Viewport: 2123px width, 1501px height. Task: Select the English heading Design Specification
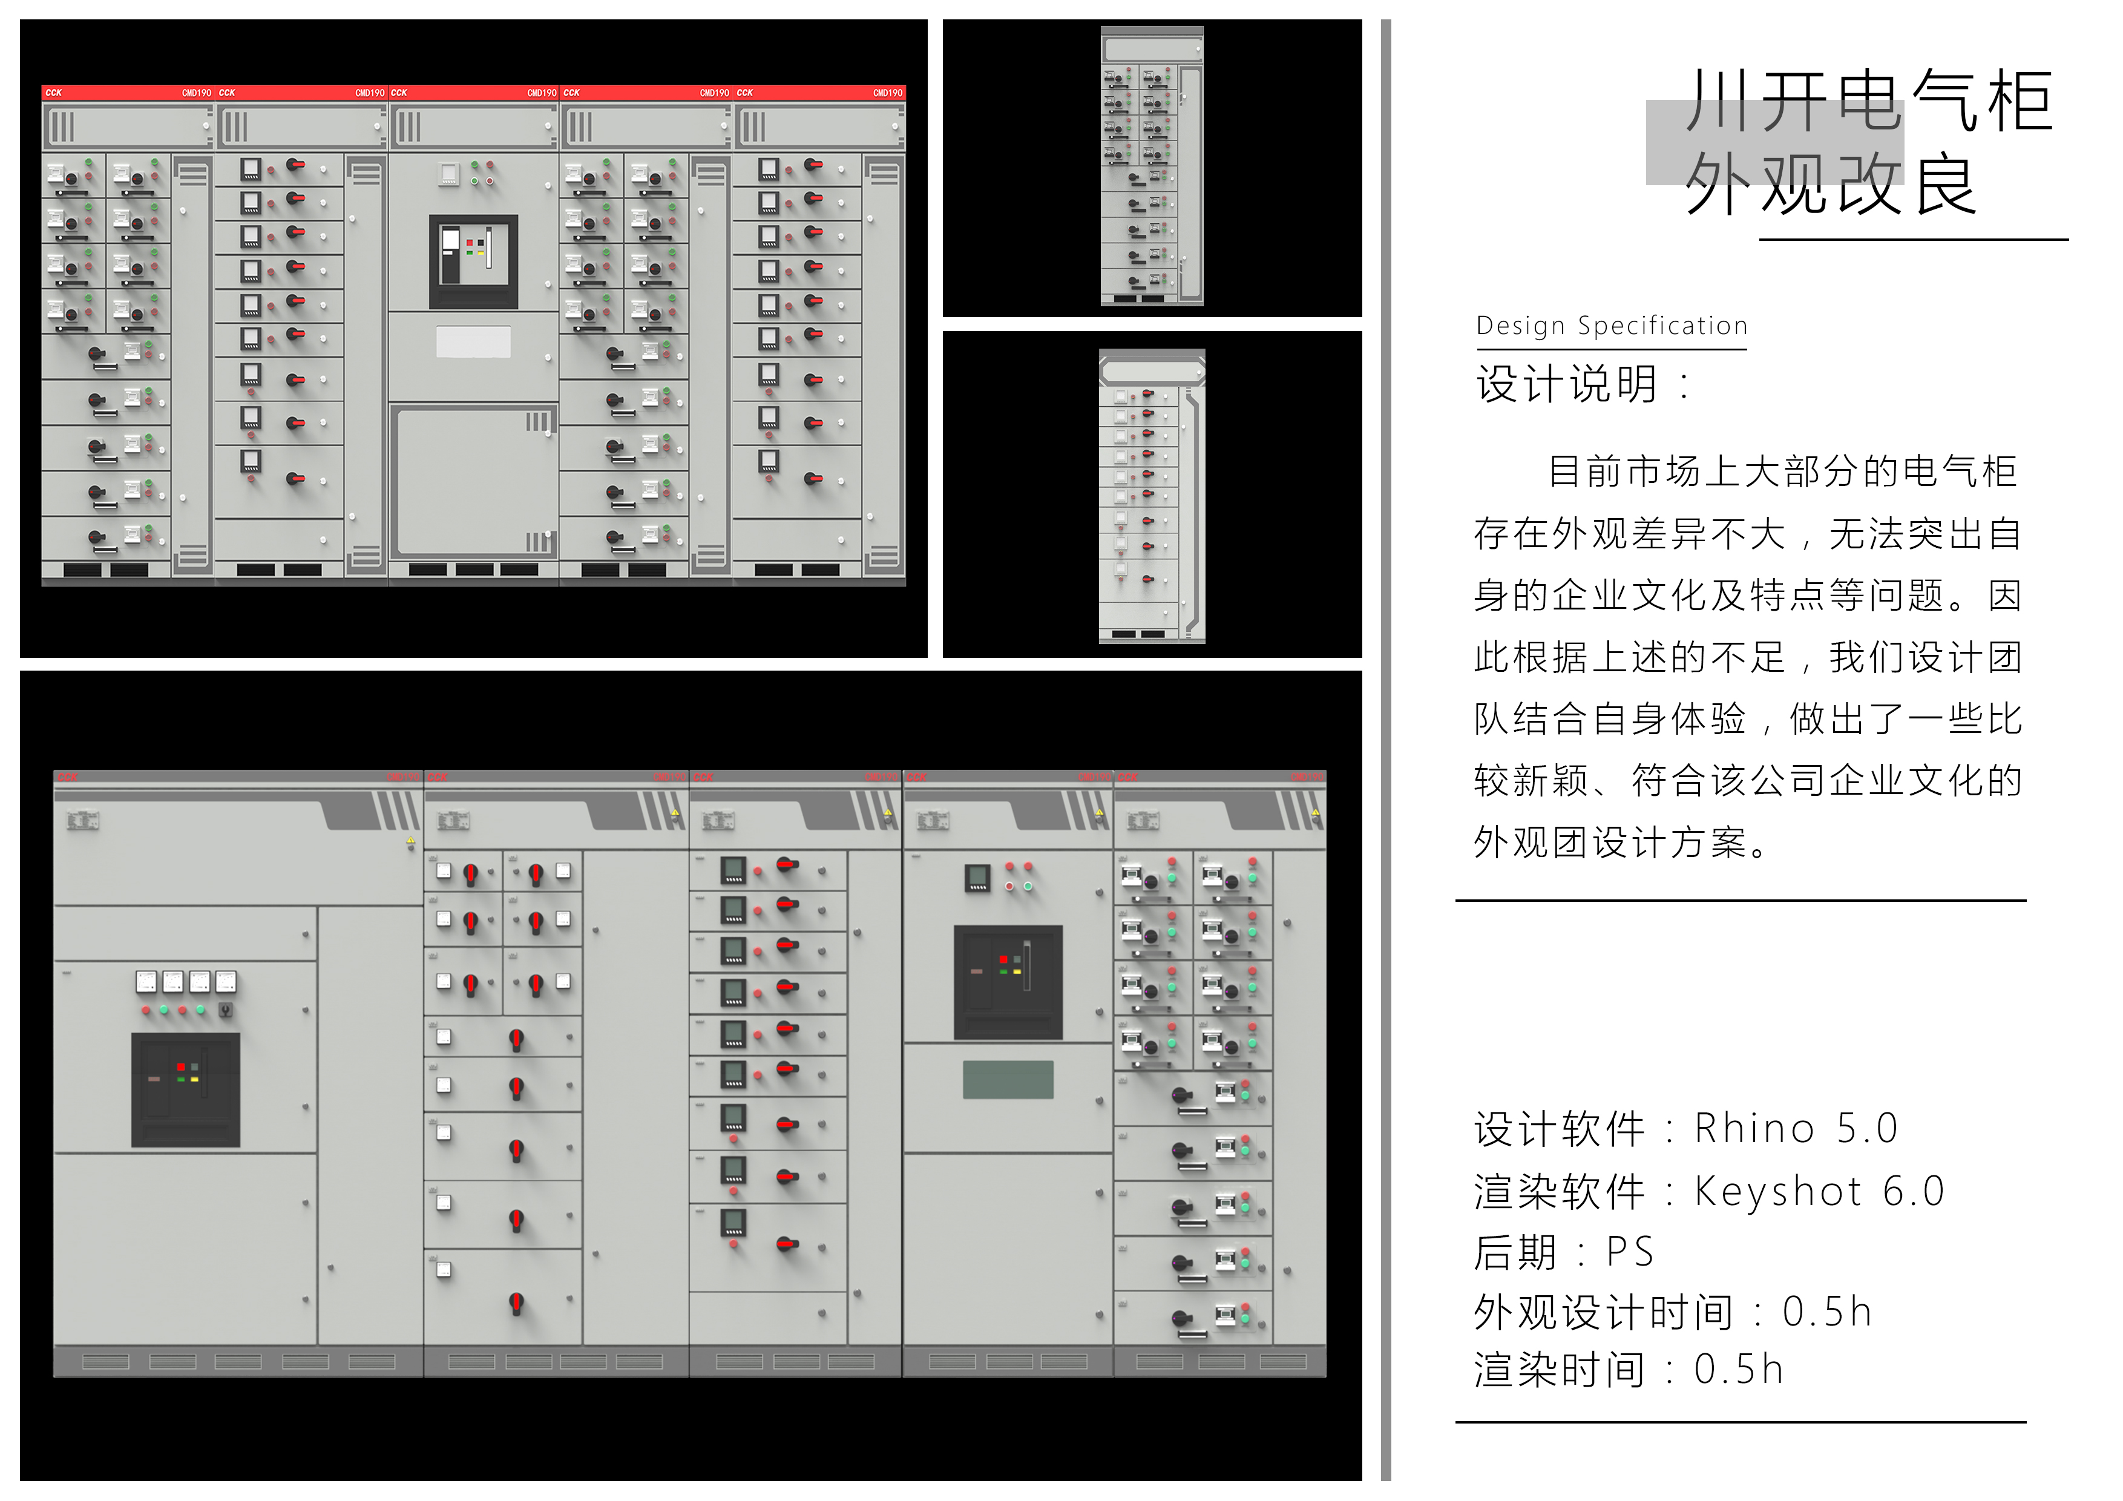pyautogui.click(x=1612, y=326)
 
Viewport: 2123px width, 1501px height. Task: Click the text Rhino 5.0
pyautogui.click(x=1796, y=1128)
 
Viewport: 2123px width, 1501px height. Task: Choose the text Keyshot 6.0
pyautogui.click(x=1819, y=1191)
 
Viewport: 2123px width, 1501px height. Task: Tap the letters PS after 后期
pyautogui.click(x=1629, y=1252)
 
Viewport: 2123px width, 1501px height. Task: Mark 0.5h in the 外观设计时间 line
pyautogui.click(x=1826, y=1312)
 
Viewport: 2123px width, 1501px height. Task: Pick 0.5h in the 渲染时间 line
pyautogui.click(x=1737, y=1370)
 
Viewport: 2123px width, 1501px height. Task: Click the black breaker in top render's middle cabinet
pyautogui.click(x=473, y=261)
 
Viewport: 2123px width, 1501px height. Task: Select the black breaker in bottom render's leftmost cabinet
pyautogui.click(x=185, y=1089)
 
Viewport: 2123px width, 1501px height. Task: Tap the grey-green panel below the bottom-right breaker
pyautogui.click(x=1008, y=1079)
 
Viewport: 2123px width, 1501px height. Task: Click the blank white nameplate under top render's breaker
pyautogui.click(x=473, y=341)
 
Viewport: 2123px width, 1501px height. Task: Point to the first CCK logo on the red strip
pyautogui.click(x=54, y=93)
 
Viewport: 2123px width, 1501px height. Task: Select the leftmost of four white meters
pyautogui.click(x=146, y=981)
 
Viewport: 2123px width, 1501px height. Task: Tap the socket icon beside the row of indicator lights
pyautogui.click(x=226, y=1010)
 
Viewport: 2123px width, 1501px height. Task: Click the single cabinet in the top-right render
pyautogui.click(x=1151, y=166)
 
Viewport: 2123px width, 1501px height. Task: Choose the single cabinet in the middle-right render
pyautogui.click(x=1151, y=496)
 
